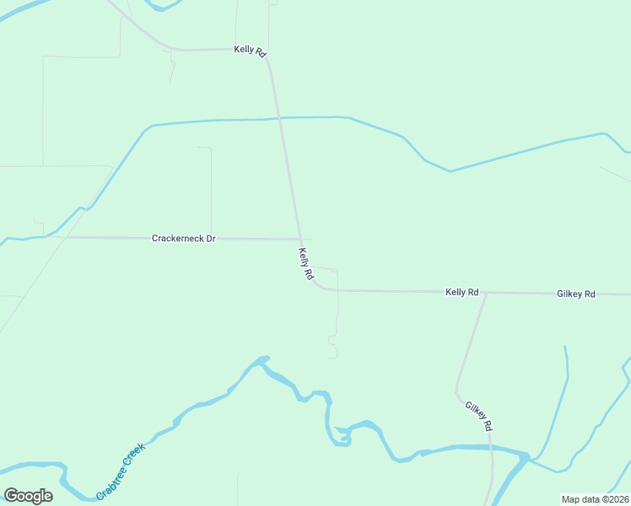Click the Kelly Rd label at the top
250,51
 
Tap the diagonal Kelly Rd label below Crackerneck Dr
305,264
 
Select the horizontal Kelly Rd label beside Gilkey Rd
461,292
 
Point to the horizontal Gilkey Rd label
576,293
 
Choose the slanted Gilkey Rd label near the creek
478,416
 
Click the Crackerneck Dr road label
184,239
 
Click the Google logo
28,496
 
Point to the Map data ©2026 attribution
595,498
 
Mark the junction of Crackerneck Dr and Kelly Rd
300,240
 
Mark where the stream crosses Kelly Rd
280,118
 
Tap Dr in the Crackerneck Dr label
211,239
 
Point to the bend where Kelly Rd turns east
319,288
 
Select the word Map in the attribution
570,498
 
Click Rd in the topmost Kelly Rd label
261,52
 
